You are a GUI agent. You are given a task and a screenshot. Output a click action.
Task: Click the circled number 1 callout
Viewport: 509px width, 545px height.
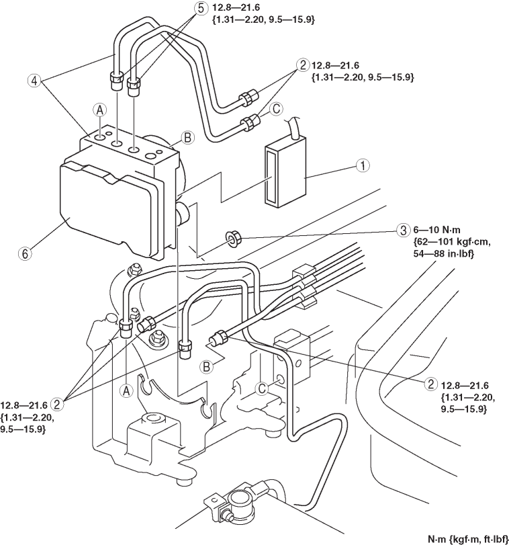(363, 166)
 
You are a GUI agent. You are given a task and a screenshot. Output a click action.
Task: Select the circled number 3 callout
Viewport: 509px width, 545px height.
(403, 230)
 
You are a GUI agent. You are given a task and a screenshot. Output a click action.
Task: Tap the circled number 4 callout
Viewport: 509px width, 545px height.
(34, 81)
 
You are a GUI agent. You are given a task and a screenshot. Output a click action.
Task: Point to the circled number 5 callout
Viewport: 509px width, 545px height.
(201, 8)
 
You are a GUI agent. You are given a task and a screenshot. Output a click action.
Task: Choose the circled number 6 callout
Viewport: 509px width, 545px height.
(25, 253)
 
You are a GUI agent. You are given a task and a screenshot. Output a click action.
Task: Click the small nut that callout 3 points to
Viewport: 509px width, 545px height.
(232, 239)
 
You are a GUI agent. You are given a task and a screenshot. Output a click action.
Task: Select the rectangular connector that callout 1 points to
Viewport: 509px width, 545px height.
(285, 173)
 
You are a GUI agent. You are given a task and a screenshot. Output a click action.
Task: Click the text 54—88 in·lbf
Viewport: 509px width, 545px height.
(444, 254)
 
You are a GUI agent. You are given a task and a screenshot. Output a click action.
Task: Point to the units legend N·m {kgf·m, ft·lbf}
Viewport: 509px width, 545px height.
(467, 539)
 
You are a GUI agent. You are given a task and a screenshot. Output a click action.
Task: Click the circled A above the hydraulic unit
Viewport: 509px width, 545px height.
(99, 110)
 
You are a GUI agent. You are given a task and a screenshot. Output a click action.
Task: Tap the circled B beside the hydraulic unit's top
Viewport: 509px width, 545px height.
(187, 138)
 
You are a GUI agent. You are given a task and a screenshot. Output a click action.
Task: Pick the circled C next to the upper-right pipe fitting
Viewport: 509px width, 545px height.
(277, 109)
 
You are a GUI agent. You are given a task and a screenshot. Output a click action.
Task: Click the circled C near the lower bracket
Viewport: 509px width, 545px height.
(262, 388)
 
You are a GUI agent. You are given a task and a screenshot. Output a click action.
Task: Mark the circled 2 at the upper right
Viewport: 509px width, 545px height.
(302, 65)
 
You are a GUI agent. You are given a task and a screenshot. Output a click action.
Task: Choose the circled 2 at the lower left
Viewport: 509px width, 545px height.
(57, 404)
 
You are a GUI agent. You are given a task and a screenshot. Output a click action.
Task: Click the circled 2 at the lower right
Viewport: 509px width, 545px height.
(430, 384)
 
